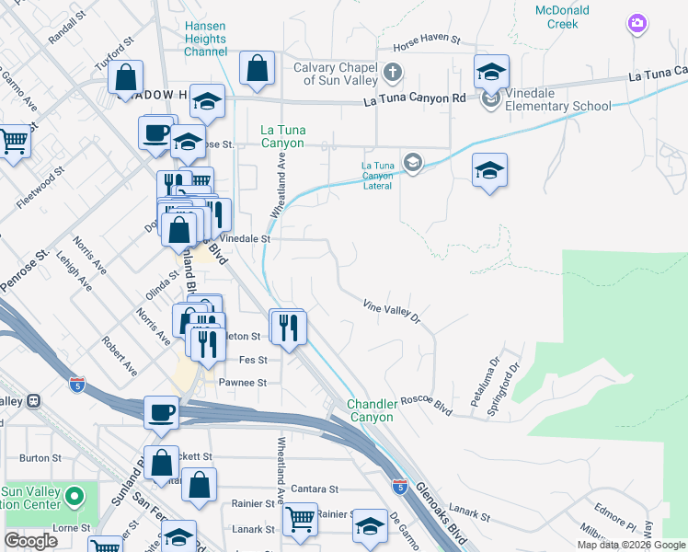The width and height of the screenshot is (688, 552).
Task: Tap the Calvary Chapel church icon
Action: (x=392, y=72)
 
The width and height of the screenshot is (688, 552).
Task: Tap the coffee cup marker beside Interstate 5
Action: (x=162, y=411)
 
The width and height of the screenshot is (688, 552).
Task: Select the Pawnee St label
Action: (x=243, y=382)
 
